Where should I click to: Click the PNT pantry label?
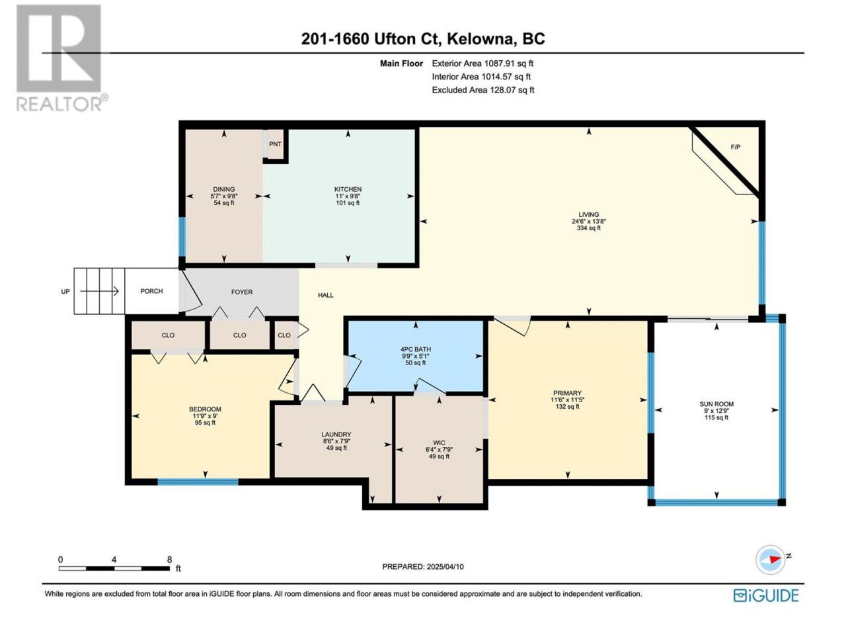click(x=275, y=144)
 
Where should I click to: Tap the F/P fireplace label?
click(x=736, y=147)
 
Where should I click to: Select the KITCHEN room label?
click(x=348, y=189)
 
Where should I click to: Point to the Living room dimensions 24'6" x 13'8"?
click(x=588, y=222)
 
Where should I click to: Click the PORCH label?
click(x=151, y=291)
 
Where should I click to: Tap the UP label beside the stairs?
click(x=65, y=292)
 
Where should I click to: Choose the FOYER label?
click(x=242, y=292)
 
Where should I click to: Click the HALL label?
click(x=326, y=295)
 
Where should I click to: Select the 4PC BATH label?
click(x=416, y=349)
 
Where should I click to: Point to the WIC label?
click(x=439, y=443)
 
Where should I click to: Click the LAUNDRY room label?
click(x=336, y=435)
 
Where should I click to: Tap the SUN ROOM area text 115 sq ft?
click(x=716, y=417)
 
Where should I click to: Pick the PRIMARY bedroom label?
click(x=567, y=394)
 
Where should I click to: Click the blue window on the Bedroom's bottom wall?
click(x=198, y=482)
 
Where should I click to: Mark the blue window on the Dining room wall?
click(x=182, y=237)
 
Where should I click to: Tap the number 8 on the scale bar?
click(x=169, y=560)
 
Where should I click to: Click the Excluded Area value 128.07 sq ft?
click(x=512, y=90)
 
